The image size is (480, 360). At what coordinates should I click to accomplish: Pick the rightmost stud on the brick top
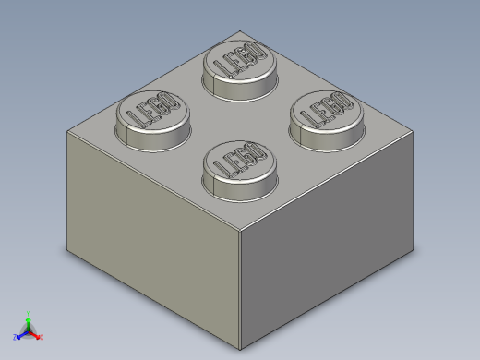tap(327, 112)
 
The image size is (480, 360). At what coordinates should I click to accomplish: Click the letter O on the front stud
tap(258, 150)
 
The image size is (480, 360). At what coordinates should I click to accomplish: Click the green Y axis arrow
tap(28, 317)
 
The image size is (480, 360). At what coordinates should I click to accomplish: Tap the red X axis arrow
tap(40, 336)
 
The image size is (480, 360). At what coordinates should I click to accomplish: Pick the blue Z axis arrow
tap(19, 335)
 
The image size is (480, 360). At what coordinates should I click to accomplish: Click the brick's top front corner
tap(240, 228)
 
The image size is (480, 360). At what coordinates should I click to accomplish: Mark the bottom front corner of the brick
tap(240, 350)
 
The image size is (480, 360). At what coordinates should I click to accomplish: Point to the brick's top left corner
tap(67, 131)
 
